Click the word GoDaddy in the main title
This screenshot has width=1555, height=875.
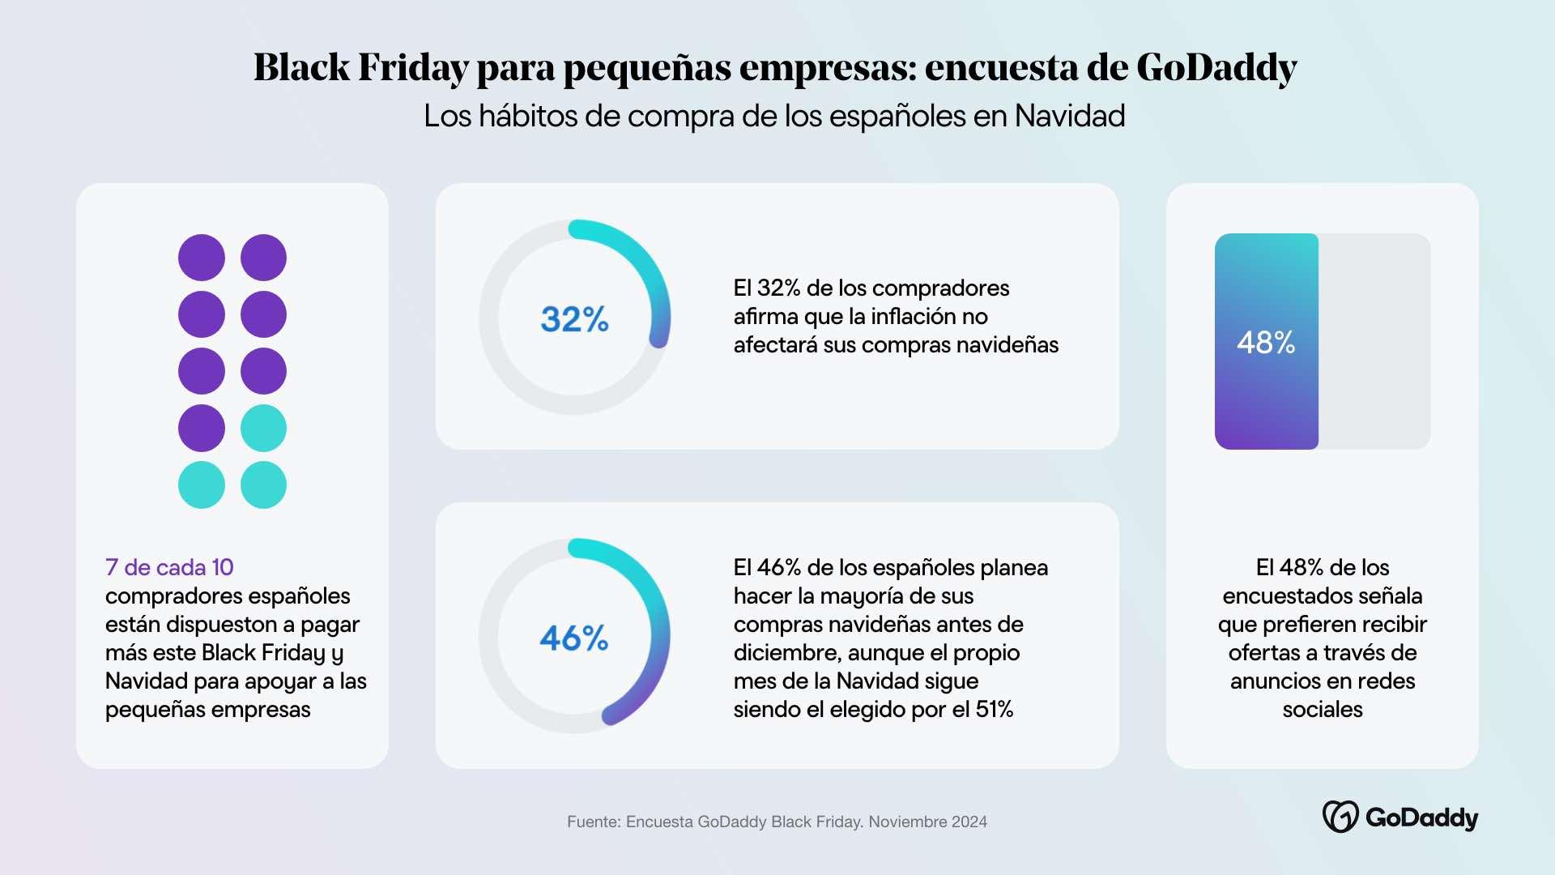pyautogui.click(x=1216, y=67)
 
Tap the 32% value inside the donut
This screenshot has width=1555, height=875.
pyautogui.click(x=574, y=319)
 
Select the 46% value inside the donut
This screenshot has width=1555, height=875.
pyautogui.click(x=574, y=638)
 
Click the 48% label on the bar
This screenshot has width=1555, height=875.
pyautogui.click(x=1266, y=343)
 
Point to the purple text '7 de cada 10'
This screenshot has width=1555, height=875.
pyautogui.click(x=169, y=567)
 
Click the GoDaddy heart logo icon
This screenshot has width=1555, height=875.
pyautogui.click(x=1340, y=817)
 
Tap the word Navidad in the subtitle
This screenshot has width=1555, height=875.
pyautogui.click(x=1069, y=116)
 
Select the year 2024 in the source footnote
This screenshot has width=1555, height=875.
pyautogui.click(x=969, y=822)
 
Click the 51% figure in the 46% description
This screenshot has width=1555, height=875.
pyautogui.click(x=995, y=710)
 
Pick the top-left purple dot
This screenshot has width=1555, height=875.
pyautogui.click(x=202, y=258)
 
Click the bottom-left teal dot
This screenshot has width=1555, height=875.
pyautogui.click(x=202, y=484)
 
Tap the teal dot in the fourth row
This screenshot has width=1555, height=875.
pyautogui.click(x=263, y=428)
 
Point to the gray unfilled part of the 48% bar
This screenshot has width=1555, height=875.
pyautogui.click(x=1374, y=341)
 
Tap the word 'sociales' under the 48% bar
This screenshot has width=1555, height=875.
pyautogui.click(x=1322, y=710)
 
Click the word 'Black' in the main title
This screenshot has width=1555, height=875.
pyautogui.click(x=301, y=67)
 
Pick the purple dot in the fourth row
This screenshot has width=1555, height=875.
pyautogui.click(x=202, y=428)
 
